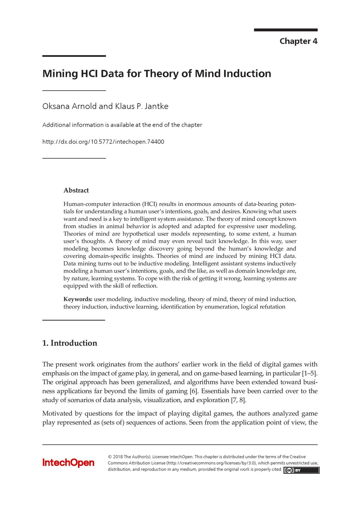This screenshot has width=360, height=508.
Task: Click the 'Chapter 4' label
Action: (x=298, y=41)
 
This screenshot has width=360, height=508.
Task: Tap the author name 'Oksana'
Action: (x=56, y=106)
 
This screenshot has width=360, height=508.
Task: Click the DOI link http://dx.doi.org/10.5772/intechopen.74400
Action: (x=103, y=142)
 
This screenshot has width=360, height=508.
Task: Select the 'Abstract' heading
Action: (x=76, y=190)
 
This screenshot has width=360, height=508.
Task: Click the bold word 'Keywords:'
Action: (x=78, y=299)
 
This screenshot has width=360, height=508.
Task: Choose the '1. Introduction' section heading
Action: (x=70, y=343)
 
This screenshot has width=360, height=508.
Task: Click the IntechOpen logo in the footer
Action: (x=68, y=462)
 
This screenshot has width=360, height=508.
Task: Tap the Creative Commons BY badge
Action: (x=301, y=470)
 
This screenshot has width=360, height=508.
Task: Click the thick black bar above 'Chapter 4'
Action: (x=286, y=30)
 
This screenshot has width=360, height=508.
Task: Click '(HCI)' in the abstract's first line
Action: (x=150, y=204)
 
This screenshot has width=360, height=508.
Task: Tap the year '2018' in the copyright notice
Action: (x=118, y=457)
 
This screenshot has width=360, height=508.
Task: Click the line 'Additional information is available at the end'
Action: (x=122, y=125)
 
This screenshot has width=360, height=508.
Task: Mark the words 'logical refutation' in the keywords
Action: (x=263, y=307)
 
